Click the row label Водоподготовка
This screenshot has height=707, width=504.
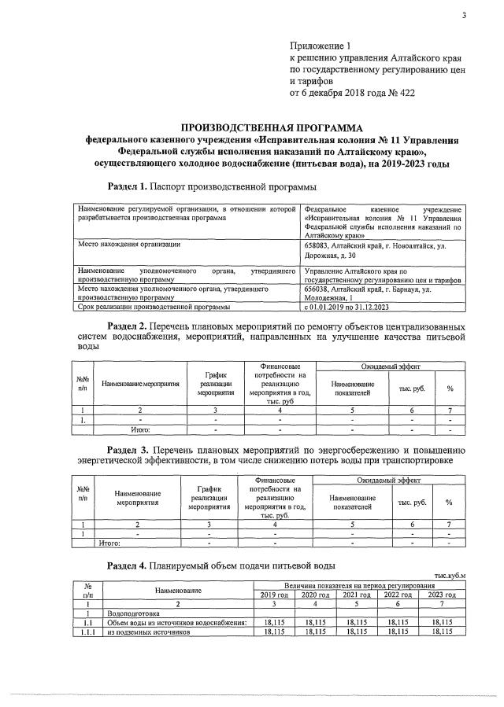(134, 613)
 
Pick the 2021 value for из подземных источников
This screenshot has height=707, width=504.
(358, 632)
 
